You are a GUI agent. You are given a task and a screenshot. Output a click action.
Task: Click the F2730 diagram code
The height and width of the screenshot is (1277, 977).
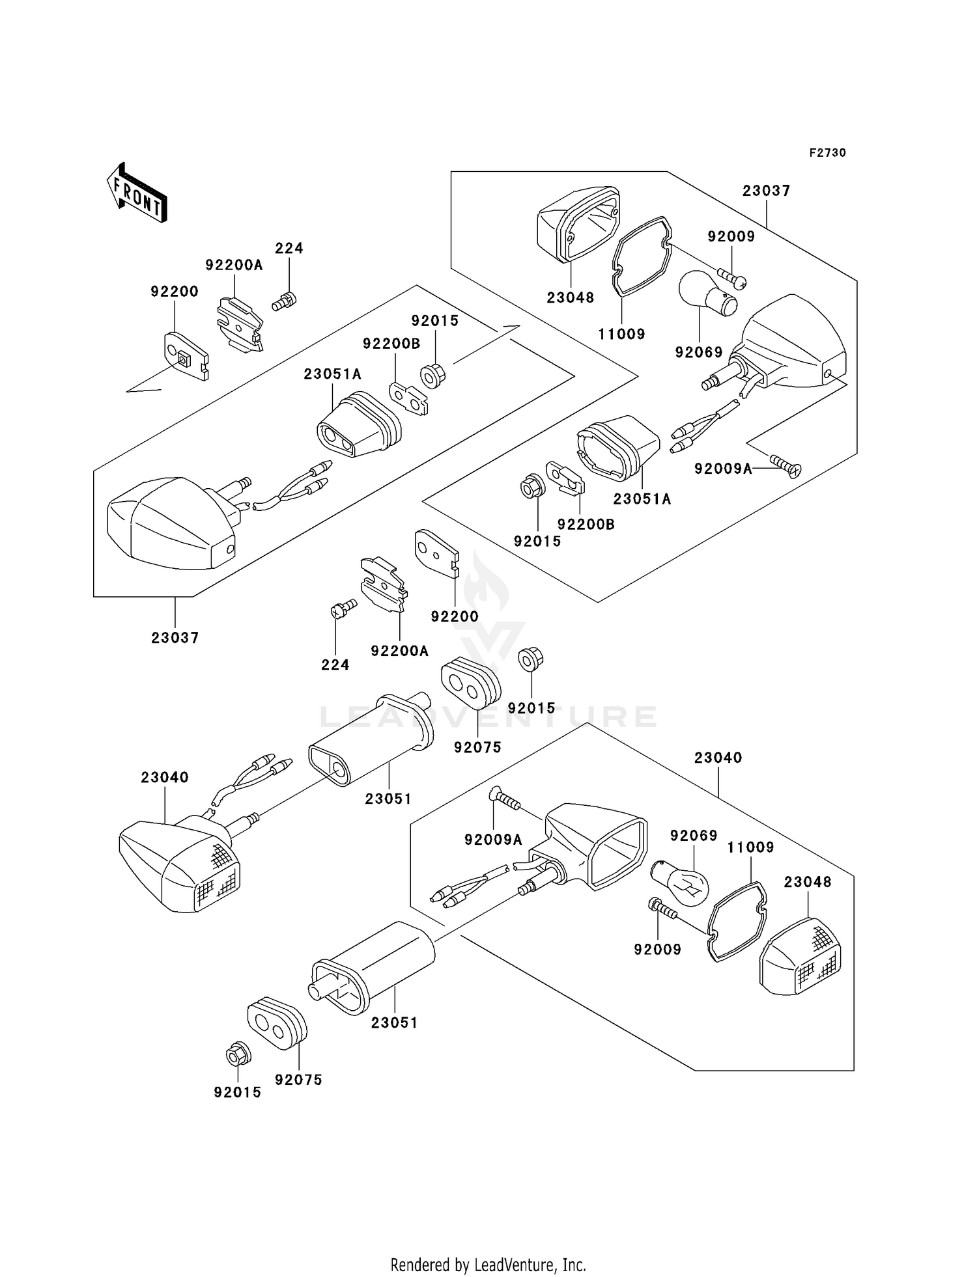click(x=827, y=153)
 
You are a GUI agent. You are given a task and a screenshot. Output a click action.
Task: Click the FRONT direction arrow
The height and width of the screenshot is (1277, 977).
click(x=137, y=194)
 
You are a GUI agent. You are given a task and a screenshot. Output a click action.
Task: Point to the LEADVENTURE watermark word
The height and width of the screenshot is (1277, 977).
click(x=488, y=717)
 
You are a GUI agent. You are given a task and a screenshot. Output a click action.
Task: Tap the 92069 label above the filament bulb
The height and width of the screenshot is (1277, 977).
click(x=694, y=835)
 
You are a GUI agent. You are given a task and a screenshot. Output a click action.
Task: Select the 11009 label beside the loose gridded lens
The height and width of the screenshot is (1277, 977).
click(x=750, y=847)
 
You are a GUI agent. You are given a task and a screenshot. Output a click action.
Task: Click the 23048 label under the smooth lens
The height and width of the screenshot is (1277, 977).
click(x=570, y=297)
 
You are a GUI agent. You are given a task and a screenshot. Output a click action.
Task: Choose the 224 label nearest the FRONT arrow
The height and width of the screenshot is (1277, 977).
click(x=289, y=248)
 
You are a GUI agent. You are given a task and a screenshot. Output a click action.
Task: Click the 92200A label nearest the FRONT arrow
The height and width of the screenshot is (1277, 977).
click(x=234, y=264)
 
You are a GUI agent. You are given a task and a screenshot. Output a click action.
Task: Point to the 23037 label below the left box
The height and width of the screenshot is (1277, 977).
click(x=175, y=637)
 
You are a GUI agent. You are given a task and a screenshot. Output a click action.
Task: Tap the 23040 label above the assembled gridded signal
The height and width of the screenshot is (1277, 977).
click(x=165, y=777)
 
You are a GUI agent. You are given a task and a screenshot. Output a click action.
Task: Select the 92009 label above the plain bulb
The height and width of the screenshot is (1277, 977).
click(x=731, y=236)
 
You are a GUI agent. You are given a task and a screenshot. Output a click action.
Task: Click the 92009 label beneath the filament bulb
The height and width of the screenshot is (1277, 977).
click(x=657, y=949)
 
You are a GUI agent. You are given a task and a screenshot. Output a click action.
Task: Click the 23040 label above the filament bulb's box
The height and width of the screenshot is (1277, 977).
click(x=718, y=758)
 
